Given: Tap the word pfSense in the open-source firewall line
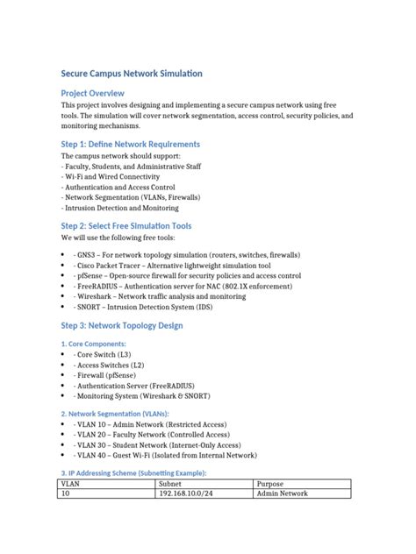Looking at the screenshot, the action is pyautogui.click(x=93, y=275).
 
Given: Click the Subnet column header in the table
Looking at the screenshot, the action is pyautogui.click(x=170, y=483).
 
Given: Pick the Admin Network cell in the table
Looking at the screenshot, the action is pyautogui.click(x=282, y=494).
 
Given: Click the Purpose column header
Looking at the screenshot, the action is pyautogui.click(x=269, y=483).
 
